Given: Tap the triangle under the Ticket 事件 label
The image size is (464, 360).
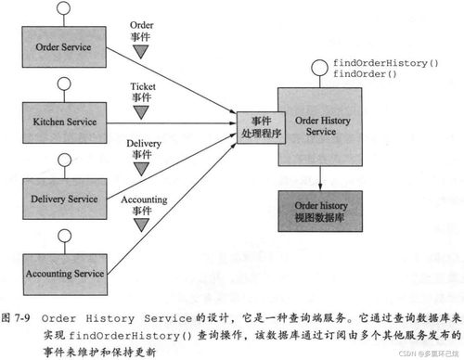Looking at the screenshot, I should pos(141,111).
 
